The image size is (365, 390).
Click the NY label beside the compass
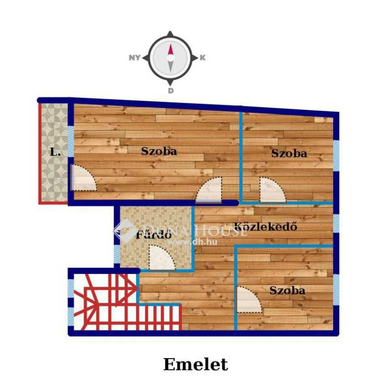coord(135,58)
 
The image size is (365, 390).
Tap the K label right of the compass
coord(203,58)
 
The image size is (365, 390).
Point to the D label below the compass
coord(171,90)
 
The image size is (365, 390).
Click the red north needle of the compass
coord(171,50)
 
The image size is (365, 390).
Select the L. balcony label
coord(55,152)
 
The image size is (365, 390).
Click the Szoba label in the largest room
coord(159,151)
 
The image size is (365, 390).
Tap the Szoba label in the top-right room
coord(289,153)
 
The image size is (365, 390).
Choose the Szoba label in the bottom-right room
coord(287,291)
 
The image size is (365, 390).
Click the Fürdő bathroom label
coord(153,234)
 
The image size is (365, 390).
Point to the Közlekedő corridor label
coord(266,226)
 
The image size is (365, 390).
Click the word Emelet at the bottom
coord(196,364)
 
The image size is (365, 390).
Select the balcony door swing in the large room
coord(84,177)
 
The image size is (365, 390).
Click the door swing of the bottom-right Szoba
coord(249,300)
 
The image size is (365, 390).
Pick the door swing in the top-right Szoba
coord(273,189)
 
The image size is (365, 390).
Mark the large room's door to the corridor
coord(209,190)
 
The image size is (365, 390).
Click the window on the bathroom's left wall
coord(117,254)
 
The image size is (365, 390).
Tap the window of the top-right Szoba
coord(336,156)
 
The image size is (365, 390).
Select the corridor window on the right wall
coord(336,224)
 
